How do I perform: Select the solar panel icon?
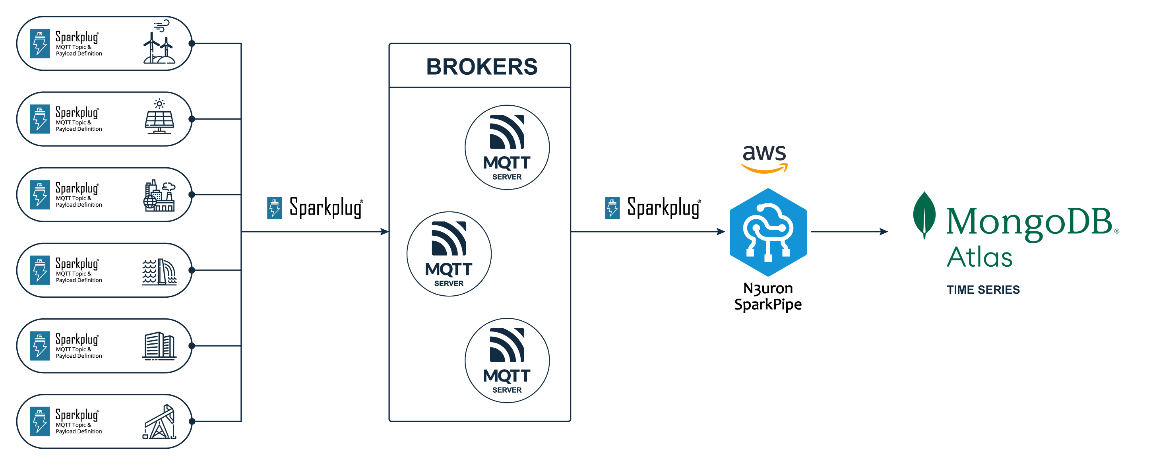pos(159,117)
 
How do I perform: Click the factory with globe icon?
pos(159,196)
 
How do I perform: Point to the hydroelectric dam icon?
pos(159,271)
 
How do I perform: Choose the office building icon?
pos(159,346)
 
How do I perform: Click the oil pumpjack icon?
pos(159,422)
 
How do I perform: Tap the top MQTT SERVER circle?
pos(507,147)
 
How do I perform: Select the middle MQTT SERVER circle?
pos(449,254)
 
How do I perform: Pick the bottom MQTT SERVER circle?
pos(507,360)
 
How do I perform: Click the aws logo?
pos(764,158)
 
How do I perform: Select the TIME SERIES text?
pos(982,290)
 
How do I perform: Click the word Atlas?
pos(979,257)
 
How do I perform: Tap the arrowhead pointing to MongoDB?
pos(884,231)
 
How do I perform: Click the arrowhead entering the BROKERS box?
pos(384,231)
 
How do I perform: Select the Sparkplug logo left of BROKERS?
pos(315,208)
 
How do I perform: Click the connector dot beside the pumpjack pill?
pos(192,421)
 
